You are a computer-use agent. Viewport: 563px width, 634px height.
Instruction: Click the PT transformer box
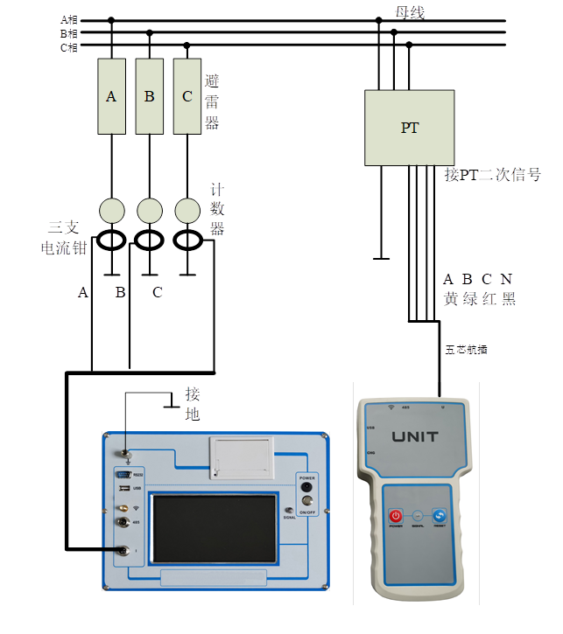coord(410,127)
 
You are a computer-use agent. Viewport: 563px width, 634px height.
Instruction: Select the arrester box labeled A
coord(111,96)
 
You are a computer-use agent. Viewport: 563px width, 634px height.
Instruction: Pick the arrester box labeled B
coord(150,96)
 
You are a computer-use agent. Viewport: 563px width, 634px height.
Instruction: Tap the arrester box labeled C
coord(187,96)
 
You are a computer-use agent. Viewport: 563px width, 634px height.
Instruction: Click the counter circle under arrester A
coord(111,211)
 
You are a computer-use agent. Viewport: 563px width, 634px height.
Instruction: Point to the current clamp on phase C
coord(187,240)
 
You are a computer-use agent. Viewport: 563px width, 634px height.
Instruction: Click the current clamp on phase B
coord(150,240)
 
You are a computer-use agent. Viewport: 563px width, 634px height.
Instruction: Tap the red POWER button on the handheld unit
coord(395,516)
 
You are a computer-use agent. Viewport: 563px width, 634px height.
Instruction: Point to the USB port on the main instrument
coord(126,488)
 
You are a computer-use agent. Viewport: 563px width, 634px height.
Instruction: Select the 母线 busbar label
coord(411,11)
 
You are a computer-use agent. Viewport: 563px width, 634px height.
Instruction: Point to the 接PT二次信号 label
coord(493,175)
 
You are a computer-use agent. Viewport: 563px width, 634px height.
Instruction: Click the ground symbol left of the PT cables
coord(381,258)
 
